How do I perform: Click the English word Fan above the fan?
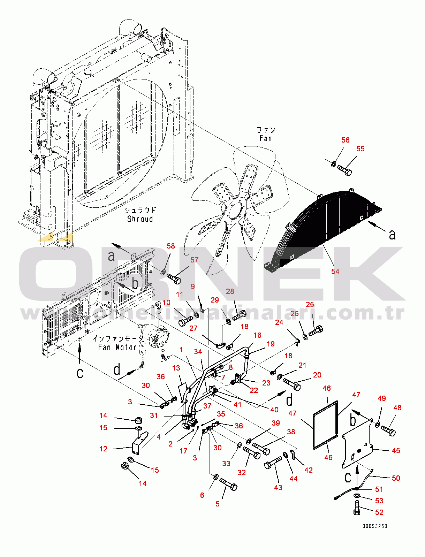coord(265,138)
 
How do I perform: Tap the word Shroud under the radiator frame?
coord(140,219)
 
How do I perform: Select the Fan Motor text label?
coord(117,347)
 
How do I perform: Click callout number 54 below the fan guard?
coord(335,271)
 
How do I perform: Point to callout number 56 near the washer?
coord(345,140)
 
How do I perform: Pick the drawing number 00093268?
coord(374,526)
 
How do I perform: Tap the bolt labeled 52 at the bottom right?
coord(357,508)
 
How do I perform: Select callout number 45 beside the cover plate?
coord(396,450)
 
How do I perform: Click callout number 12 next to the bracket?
coord(103,449)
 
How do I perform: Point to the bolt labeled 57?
coord(174,278)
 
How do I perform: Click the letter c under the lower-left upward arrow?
coord(80,373)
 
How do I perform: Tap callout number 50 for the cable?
coord(396,478)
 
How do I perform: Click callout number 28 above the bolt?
coord(230,291)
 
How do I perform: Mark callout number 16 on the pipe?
coord(257,335)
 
